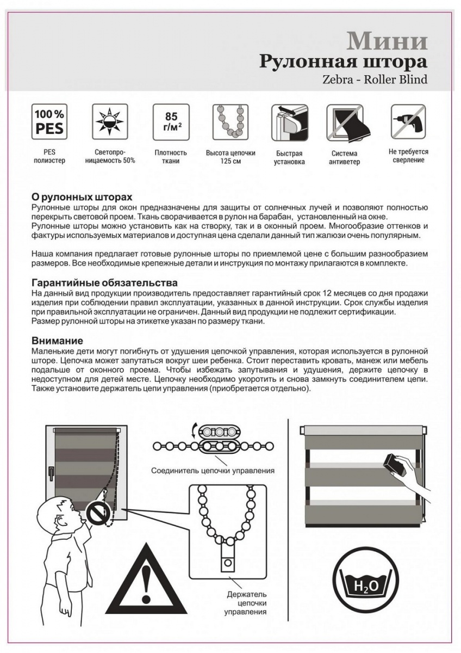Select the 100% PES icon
(x=49, y=121)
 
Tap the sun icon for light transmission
(x=110, y=121)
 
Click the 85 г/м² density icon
(x=170, y=121)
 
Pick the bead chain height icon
(x=230, y=121)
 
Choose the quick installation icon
(x=290, y=122)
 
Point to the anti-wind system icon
(x=345, y=122)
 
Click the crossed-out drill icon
(x=408, y=122)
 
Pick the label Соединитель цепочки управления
(x=213, y=470)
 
